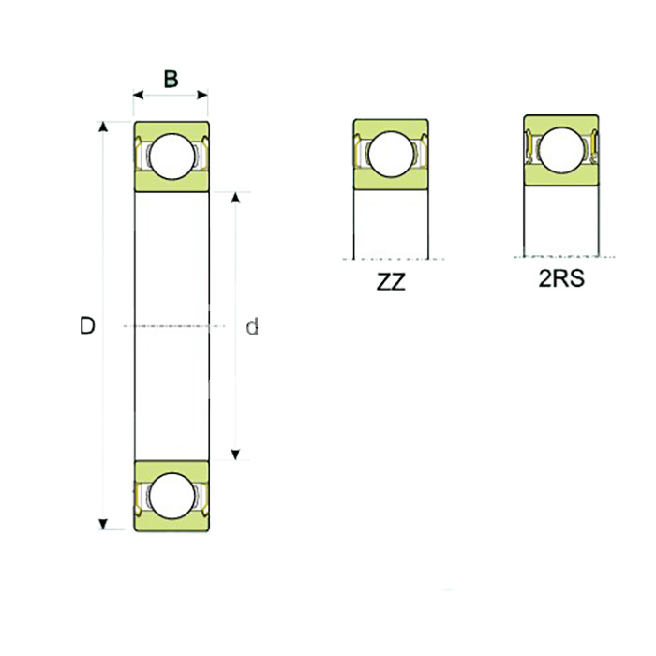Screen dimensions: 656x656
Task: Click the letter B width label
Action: pyautogui.click(x=171, y=79)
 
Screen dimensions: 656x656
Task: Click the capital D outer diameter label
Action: pyautogui.click(x=87, y=326)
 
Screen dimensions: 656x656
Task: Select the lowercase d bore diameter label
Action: pyautogui.click(x=251, y=327)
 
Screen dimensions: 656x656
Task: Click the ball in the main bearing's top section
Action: pyautogui.click(x=171, y=157)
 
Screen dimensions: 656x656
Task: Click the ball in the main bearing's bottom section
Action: pyautogui.click(x=171, y=496)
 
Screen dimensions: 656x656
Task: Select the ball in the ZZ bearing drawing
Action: pyautogui.click(x=390, y=154)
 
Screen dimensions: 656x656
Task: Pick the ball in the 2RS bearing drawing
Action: pyautogui.click(x=560, y=150)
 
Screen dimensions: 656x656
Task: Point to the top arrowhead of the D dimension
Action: pyautogui.click(x=103, y=128)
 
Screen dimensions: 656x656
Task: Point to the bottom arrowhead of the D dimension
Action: pyautogui.click(x=103, y=523)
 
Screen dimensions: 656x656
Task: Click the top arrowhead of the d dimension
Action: pyautogui.click(x=234, y=199)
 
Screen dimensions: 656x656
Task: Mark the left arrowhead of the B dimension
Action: pyautogui.click(x=139, y=95)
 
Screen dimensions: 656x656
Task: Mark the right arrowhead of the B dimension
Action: pyautogui.click(x=202, y=95)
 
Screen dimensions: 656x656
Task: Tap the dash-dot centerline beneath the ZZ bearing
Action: pyautogui.click(x=390, y=258)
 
